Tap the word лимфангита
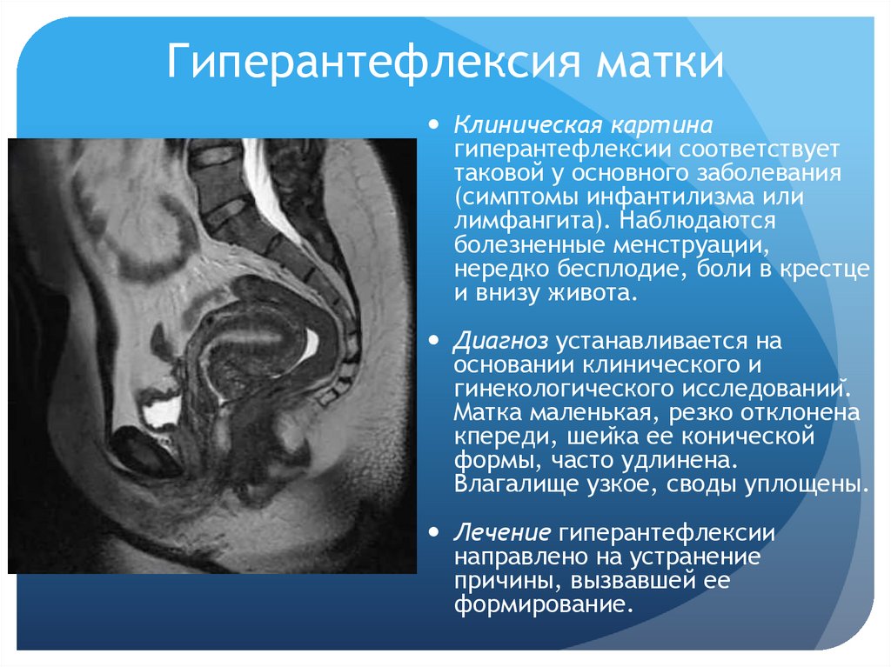coord(522,221)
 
